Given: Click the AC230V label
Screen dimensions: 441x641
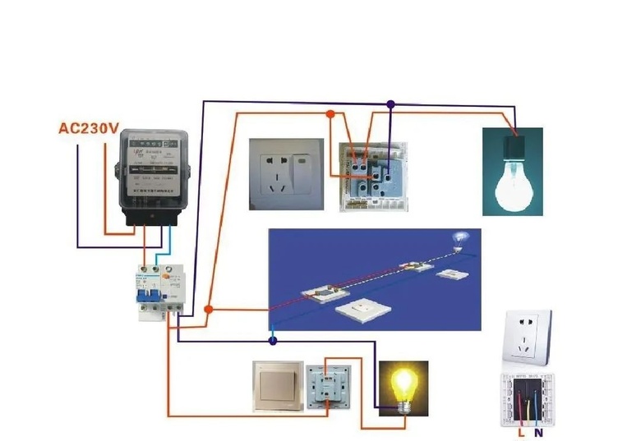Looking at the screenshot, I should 89,128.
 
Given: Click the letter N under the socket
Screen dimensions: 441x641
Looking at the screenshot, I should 538,431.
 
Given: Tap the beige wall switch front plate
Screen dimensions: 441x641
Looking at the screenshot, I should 277,387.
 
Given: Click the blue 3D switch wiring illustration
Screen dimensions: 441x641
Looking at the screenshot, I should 375,279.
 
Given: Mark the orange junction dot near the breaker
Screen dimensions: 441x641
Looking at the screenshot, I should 208,310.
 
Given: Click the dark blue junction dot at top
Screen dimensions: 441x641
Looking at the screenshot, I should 390,104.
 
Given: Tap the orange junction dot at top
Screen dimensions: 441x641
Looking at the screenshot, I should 330,114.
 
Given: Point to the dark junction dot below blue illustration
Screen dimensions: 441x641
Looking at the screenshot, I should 273,339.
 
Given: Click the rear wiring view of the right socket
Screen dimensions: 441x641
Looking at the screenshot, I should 528,398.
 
